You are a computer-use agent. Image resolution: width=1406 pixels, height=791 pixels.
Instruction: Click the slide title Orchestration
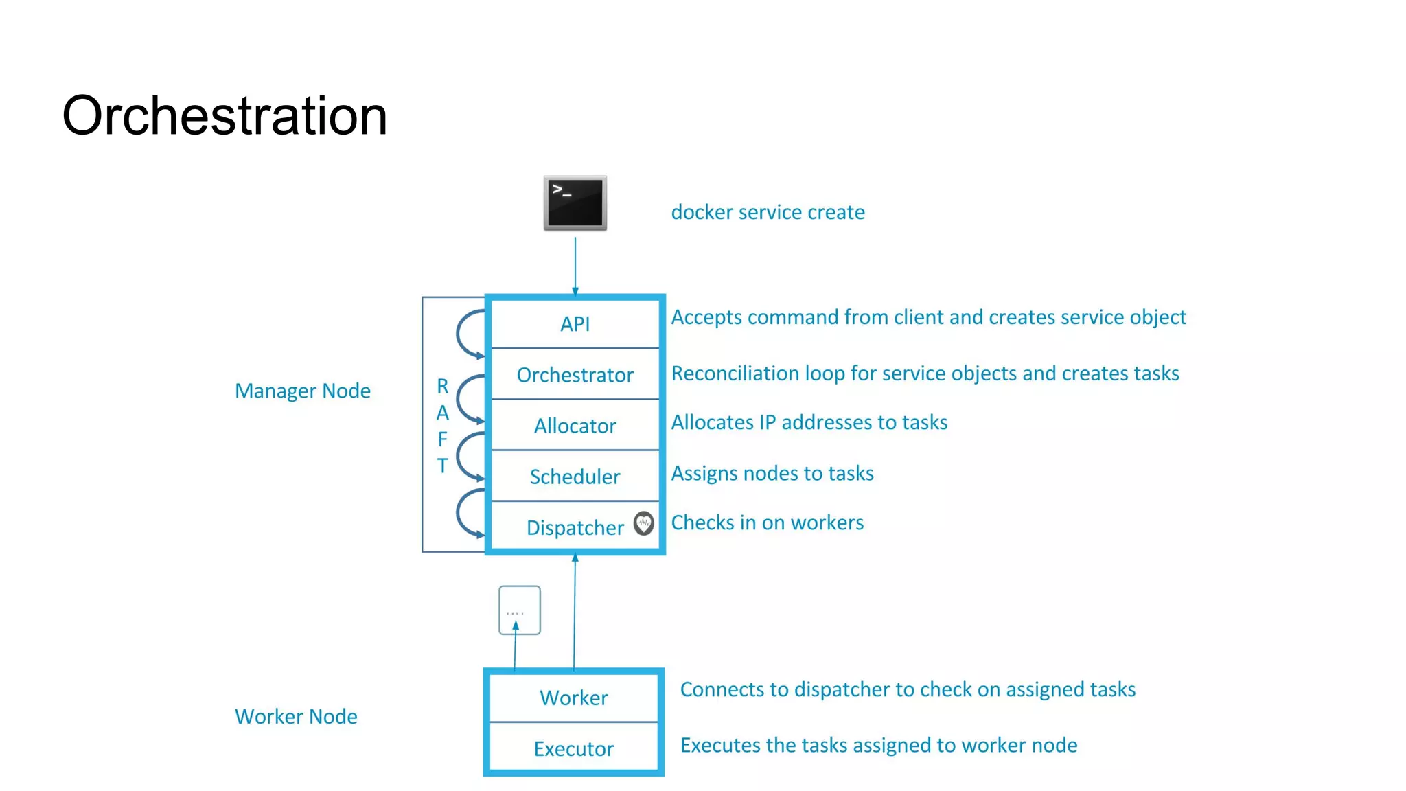(224, 115)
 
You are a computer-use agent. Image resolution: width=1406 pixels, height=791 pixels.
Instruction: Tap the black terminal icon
(575, 203)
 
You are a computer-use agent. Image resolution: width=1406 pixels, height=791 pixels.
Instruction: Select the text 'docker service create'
(768, 212)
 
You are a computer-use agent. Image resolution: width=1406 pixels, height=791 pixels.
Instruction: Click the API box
(575, 323)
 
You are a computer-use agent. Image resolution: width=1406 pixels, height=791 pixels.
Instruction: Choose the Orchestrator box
(575, 375)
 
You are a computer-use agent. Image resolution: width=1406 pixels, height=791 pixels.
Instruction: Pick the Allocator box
(575, 426)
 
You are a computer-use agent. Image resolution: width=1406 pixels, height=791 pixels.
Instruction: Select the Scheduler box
(575, 477)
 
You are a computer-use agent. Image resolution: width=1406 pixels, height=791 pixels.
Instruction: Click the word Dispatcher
(575, 527)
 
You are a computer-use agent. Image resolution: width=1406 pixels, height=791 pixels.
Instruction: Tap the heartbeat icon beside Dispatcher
(643, 524)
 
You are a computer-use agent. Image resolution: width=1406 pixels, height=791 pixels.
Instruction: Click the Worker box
(574, 698)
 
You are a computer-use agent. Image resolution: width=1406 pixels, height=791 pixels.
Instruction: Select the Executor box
(574, 748)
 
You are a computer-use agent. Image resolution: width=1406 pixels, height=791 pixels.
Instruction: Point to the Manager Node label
(303, 391)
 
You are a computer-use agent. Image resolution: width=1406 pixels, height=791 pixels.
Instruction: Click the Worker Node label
(296, 716)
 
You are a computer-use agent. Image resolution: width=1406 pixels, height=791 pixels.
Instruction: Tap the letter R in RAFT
(443, 387)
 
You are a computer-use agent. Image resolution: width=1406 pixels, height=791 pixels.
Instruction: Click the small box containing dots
(520, 610)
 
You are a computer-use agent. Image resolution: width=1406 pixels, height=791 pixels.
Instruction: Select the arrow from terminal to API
(575, 264)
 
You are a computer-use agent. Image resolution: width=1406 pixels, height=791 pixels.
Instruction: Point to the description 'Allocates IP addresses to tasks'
(809, 422)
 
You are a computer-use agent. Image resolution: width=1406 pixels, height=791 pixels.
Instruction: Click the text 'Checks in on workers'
(767, 523)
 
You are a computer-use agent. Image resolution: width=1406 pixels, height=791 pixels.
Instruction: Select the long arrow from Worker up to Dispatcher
(575, 611)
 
